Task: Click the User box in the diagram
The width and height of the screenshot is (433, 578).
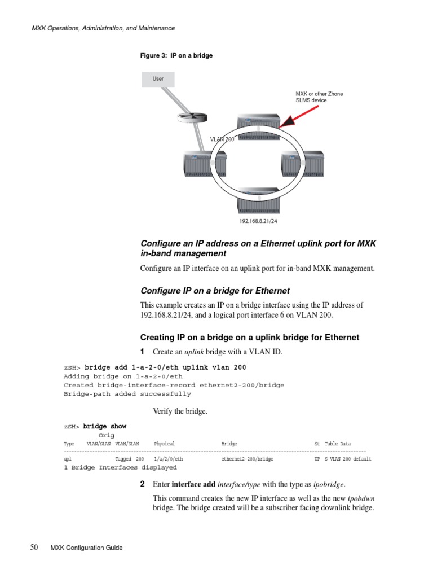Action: pos(158,79)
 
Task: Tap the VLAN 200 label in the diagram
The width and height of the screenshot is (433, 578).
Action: pos(222,139)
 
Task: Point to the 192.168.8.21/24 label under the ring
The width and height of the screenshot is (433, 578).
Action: pos(259,222)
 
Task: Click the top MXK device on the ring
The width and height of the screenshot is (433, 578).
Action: pos(259,126)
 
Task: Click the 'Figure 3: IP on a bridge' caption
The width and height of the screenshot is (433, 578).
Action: pos(176,56)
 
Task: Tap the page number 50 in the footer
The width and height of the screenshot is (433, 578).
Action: pos(34,548)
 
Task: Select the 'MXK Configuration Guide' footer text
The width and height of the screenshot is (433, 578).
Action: pos(86,548)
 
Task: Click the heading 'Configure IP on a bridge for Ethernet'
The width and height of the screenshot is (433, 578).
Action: pos(215,291)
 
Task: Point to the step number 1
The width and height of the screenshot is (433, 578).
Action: pos(142,352)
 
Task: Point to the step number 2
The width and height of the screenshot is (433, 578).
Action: pos(143,484)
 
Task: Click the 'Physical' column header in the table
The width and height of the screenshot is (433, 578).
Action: pos(165,444)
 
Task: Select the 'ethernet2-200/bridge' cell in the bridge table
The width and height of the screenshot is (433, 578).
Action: pos(247,459)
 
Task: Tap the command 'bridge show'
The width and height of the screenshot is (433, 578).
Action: pos(105,426)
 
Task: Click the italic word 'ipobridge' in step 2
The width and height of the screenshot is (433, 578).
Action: pos(328,485)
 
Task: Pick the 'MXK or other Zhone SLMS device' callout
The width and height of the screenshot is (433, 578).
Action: pos(319,97)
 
